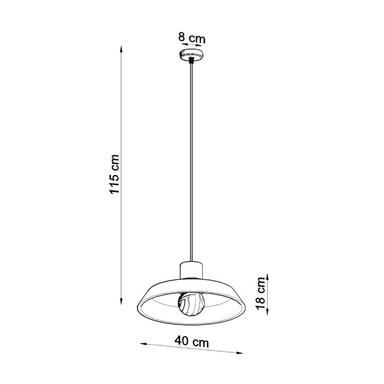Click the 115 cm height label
click(x=114, y=174)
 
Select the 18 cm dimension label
click(x=261, y=294)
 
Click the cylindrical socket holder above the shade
click(x=192, y=270)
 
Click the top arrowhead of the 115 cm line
click(x=121, y=48)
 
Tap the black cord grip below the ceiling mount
click(x=191, y=61)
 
